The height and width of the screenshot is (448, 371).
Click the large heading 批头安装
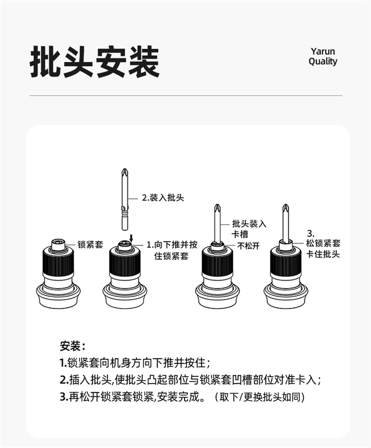pyautogui.click(x=95, y=61)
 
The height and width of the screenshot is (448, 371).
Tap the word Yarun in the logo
pyautogui.click(x=323, y=52)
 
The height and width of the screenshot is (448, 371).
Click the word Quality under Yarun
pyautogui.click(x=323, y=61)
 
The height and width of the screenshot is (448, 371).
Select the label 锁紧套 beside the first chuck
pyautogui.click(x=90, y=245)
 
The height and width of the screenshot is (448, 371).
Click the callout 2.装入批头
pyautogui.click(x=163, y=198)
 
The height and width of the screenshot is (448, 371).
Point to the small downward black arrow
pyautogui.click(x=131, y=238)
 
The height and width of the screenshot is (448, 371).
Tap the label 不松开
pyautogui.click(x=248, y=246)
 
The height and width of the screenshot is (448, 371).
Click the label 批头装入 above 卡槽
pyautogui.click(x=249, y=224)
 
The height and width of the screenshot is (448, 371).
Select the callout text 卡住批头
pyautogui.click(x=323, y=254)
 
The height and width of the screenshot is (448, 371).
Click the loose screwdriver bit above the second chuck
pyautogui.click(x=124, y=200)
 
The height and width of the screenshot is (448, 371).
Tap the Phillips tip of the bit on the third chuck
pyautogui.click(x=217, y=208)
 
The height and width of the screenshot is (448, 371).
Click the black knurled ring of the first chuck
pyautogui.click(x=58, y=262)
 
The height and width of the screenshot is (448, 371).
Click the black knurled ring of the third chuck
pyautogui.click(x=217, y=262)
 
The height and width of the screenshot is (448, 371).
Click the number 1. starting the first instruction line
pyautogui.click(x=64, y=363)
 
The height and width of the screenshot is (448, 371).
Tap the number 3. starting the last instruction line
pyautogui.click(x=64, y=397)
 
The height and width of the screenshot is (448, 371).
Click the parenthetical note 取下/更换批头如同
pyautogui.click(x=260, y=397)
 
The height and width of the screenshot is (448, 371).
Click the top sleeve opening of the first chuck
pyautogui.click(x=58, y=243)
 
